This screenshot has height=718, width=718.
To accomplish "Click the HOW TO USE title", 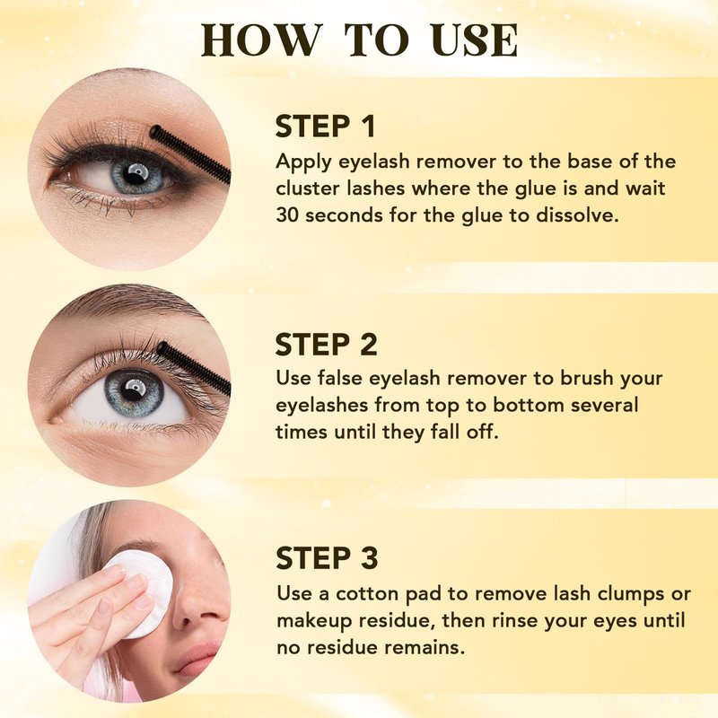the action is point(360,39).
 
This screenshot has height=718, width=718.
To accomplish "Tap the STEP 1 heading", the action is point(325,127).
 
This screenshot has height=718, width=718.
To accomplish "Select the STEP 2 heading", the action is point(326,345).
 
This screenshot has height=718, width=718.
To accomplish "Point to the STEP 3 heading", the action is point(327,557).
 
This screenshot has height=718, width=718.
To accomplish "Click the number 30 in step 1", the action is point(287,215).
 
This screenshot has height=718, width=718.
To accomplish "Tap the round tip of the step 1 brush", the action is point(155,131).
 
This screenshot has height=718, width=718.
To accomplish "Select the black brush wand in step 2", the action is point(194,366).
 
